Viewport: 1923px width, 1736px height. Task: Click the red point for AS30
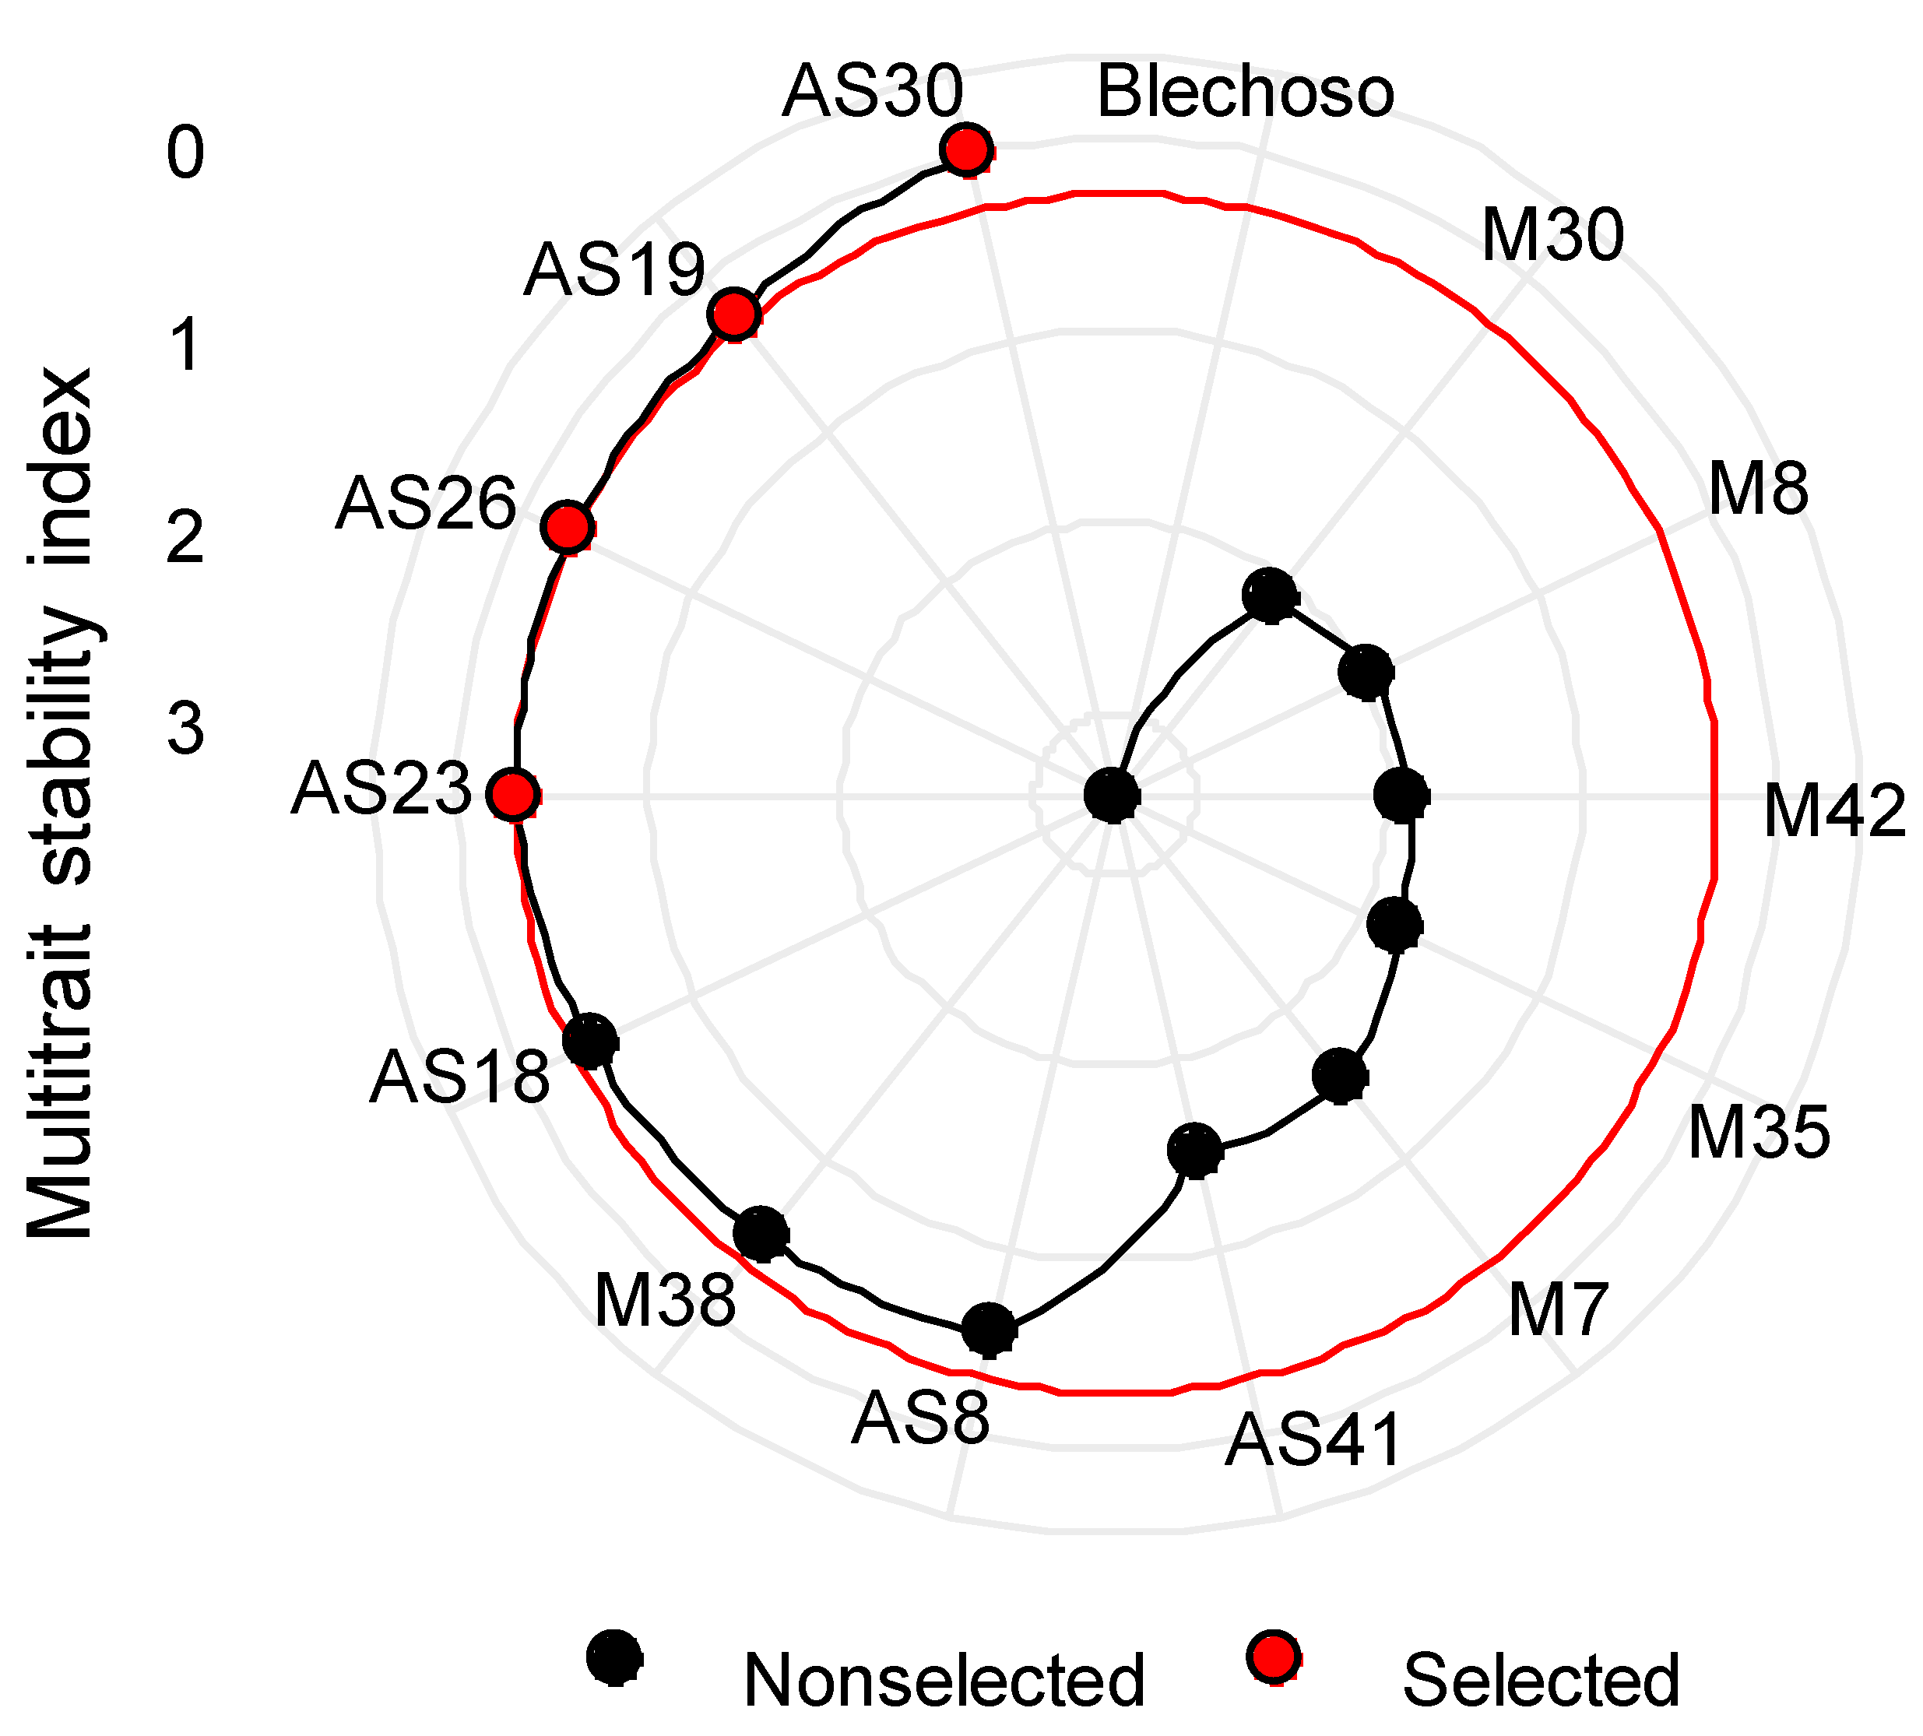pyautogui.click(x=967, y=149)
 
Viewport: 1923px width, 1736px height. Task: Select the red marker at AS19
pyautogui.click(x=733, y=314)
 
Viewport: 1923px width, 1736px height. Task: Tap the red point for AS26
pyautogui.click(x=568, y=528)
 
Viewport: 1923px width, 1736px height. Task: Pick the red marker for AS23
pyautogui.click(x=513, y=795)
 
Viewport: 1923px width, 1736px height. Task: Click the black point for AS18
pyautogui.click(x=590, y=1041)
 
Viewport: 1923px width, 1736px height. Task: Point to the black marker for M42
pyautogui.click(x=1403, y=795)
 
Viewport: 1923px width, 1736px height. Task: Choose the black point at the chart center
pyautogui.click(x=1113, y=795)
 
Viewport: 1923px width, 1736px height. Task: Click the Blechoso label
pyautogui.click(x=1245, y=93)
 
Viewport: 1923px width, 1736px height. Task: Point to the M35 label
pyautogui.click(x=1758, y=1132)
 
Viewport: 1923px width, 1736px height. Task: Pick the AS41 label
pyautogui.click(x=1313, y=1439)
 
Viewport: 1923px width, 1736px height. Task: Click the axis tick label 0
pyautogui.click(x=185, y=153)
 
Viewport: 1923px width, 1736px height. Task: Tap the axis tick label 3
pyautogui.click(x=185, y=729)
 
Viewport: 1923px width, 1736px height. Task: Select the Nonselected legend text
pyautogui.click(x=944, y=1680)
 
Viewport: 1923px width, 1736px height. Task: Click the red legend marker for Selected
pyautogui.click(x=1272, y=1656)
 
